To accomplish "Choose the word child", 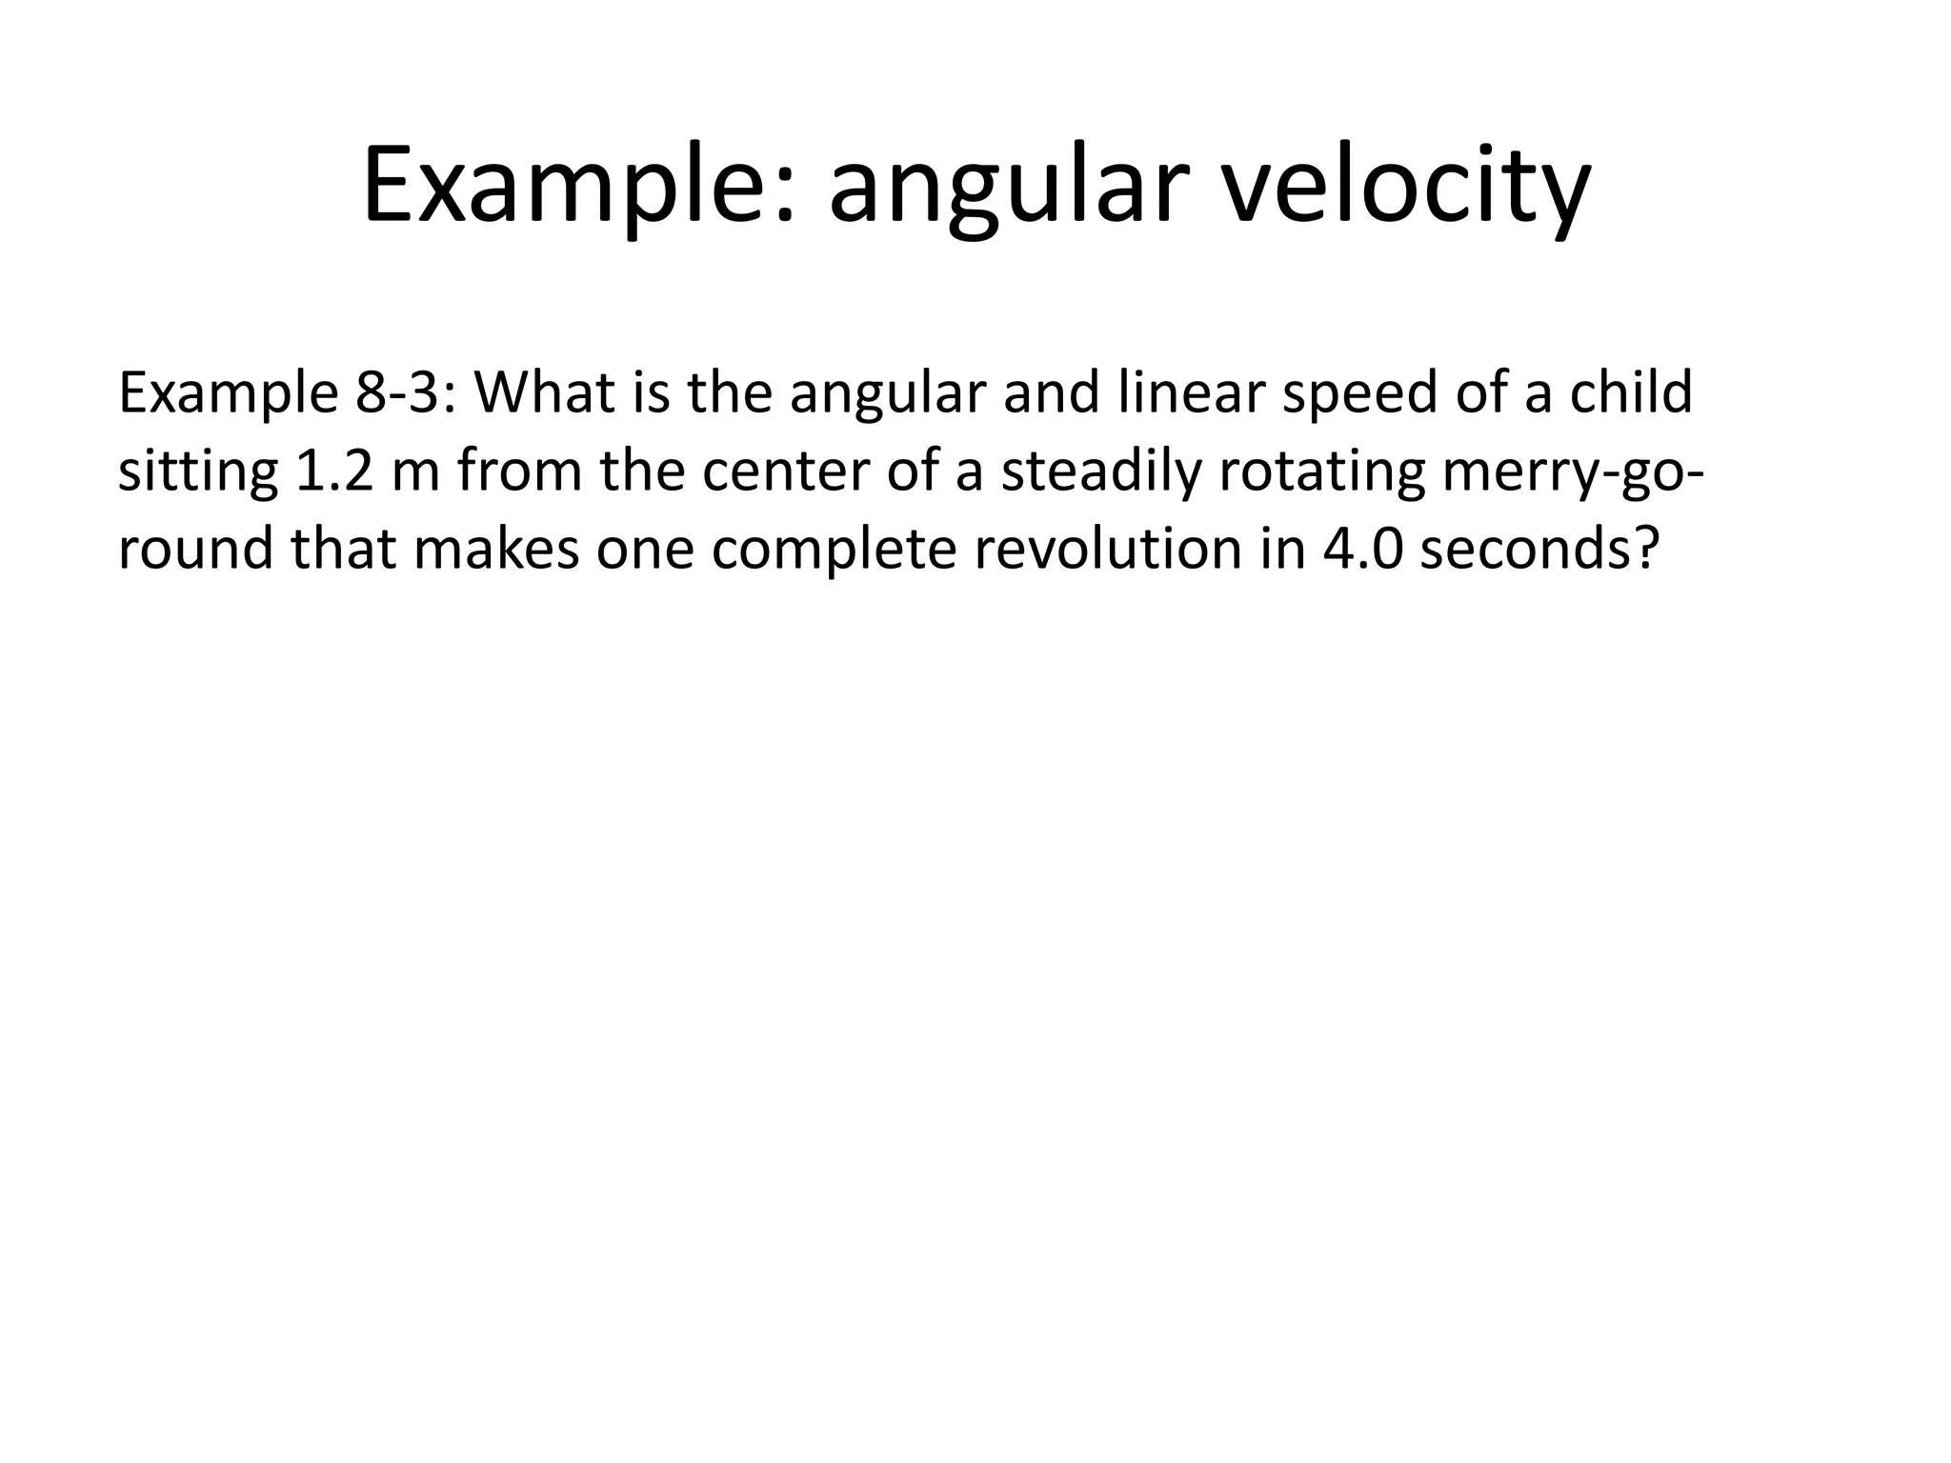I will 1631,391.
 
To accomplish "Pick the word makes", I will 495,550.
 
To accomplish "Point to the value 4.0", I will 1362,550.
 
